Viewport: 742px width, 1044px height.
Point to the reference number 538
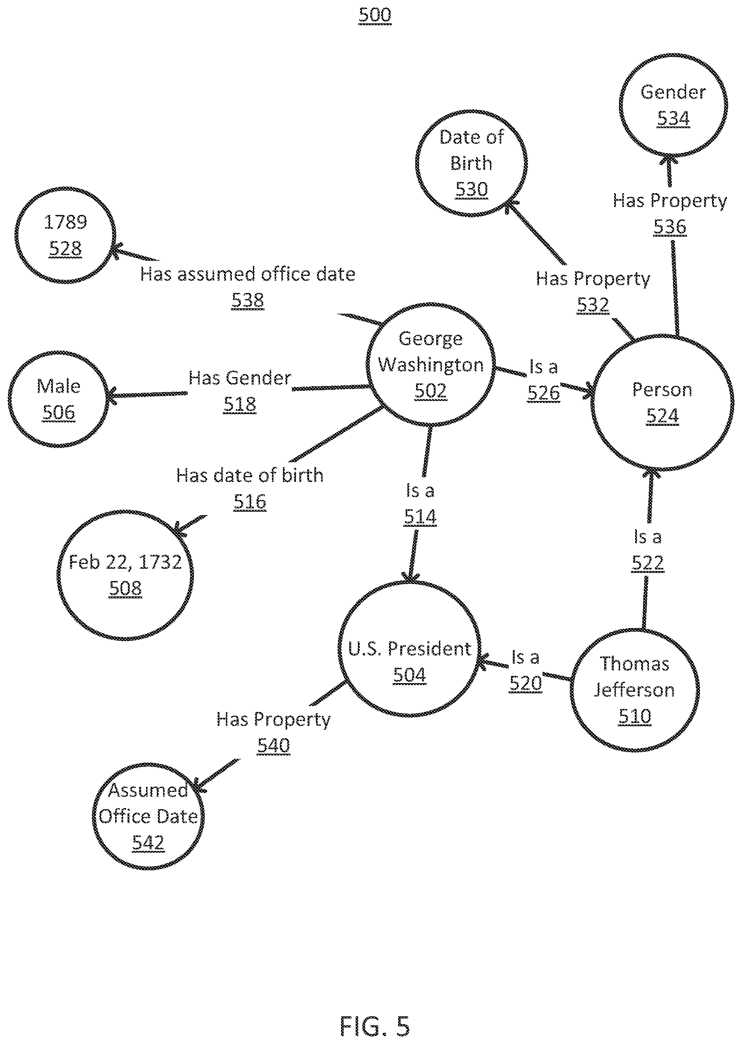[x=248, y=300]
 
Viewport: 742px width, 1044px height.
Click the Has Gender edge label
[x=240, y=378]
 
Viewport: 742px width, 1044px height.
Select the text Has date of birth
[x=250, y=476]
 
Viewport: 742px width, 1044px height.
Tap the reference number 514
[x=420, y=517]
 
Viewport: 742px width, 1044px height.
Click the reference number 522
[x=647, y=562]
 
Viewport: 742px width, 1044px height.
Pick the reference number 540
[x=274, y=745]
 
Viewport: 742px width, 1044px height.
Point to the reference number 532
[x=593, y=305]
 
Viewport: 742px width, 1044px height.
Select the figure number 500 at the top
[x=375, y=15]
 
